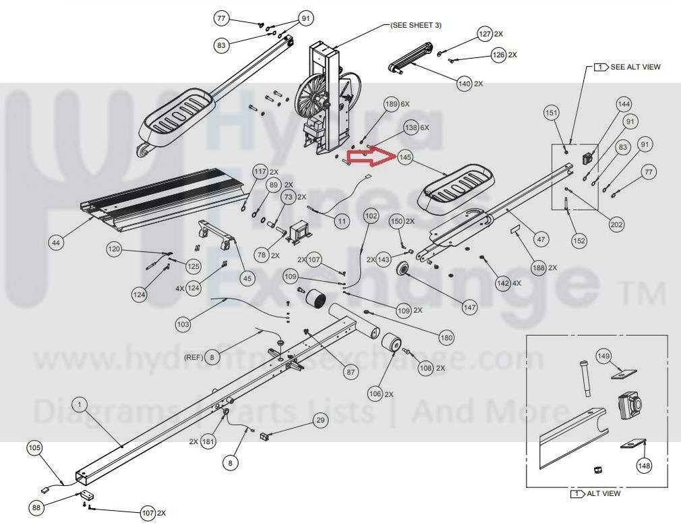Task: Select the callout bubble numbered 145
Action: tap(405, 158)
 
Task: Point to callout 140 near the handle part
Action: tap(465, 84)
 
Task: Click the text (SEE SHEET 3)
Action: tap(415, 25)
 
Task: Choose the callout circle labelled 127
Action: tap(485, 34)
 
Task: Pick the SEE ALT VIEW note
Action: tap(628, 67)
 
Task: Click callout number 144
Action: tap(624, 104)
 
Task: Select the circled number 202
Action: tap(616, 225)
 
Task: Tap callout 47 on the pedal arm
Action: tap(541, 238)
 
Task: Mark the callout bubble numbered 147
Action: tap(469, 307)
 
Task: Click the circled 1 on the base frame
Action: tap(80, 405)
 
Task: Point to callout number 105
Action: tap(34, 447)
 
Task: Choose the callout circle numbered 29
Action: tap(320, 421)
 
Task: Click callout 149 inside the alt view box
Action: tap(603, 356)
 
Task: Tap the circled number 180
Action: tap(446, 337)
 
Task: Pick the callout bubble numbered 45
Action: tap(247, 277)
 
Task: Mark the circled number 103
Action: tap(183, 324)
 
